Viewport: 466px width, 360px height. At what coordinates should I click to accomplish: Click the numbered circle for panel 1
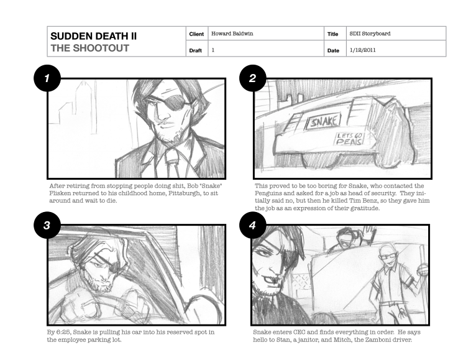47,78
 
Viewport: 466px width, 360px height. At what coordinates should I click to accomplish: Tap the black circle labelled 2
253,78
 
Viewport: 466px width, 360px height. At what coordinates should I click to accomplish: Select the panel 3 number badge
47,225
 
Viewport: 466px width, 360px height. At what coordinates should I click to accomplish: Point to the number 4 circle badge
253,225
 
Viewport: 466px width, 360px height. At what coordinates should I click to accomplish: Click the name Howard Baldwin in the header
232,34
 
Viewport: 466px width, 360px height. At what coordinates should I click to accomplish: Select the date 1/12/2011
363,50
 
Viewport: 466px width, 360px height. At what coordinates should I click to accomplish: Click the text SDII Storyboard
370,34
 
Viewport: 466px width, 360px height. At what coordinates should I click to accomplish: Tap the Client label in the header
196,34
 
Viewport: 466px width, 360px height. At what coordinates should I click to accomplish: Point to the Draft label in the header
196,50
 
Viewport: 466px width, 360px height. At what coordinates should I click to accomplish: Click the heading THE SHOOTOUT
89,48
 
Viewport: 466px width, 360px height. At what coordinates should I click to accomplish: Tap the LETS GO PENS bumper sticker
349,139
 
